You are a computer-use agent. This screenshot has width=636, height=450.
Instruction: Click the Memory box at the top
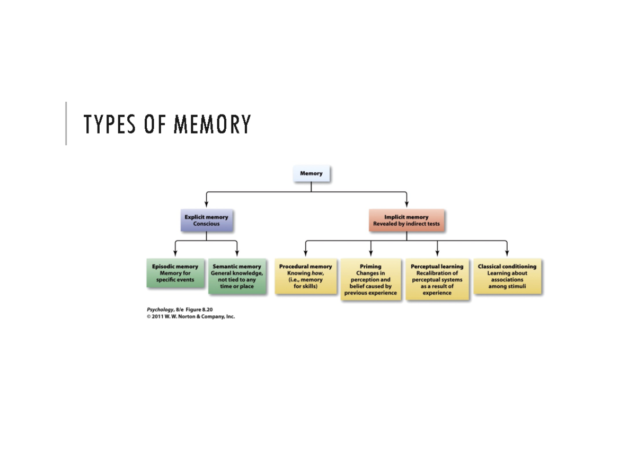tap(311, 174)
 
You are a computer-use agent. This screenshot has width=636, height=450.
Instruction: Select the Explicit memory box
tap(206, 220)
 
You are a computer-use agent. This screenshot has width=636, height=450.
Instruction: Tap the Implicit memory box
tap(407, 220)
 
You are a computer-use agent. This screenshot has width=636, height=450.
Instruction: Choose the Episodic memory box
tap(175, 273)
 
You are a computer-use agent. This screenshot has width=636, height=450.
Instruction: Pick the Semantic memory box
tap(237, 276)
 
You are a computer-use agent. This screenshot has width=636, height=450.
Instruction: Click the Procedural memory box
tap(306, 276)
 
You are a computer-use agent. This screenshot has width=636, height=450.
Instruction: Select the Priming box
tap(370, 279)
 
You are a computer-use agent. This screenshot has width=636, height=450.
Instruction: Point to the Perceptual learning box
tap(437, 279)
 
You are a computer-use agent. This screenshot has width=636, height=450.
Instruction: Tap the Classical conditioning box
tap(507, 276)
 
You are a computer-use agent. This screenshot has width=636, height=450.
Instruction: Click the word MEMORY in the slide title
tap(212, 125)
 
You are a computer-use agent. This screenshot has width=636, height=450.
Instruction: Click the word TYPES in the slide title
tap(109, 125)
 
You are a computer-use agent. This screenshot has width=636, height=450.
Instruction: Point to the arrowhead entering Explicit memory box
tap(206, 205)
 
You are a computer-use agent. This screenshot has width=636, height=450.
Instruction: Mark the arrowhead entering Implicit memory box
tap(407, 205)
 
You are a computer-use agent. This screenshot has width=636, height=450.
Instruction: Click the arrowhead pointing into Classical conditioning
tap(507, 253)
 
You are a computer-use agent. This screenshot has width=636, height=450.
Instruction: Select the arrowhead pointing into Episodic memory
tap(175, 253)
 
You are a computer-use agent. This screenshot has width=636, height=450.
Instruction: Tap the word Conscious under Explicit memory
tap(206, 224)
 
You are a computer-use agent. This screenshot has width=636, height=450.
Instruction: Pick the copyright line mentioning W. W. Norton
tap(191, 316)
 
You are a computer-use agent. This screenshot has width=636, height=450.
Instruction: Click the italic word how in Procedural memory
tap(317, 273)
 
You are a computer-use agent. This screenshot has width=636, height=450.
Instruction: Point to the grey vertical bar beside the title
tap(66, 123)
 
